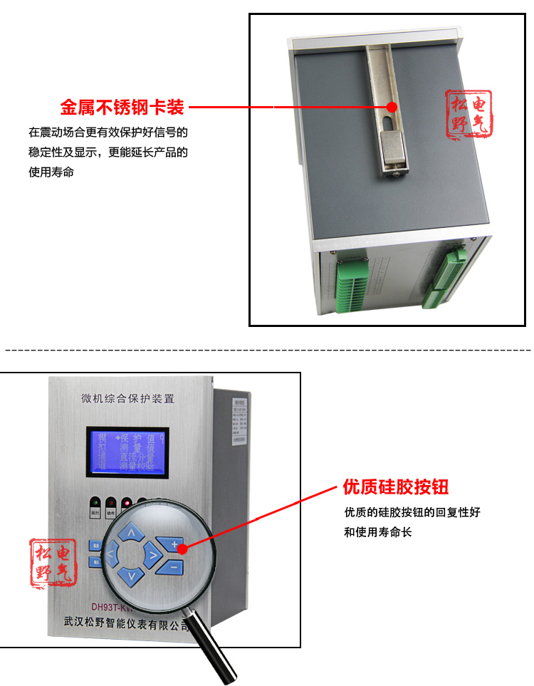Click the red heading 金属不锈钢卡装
pyautogui.click(x=122, y=108)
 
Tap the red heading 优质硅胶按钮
pyautogui.click(x=396, y=487)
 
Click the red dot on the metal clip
pyautogui.click(x=391, y=107)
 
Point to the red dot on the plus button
pyautogui.click(x=182, y=548)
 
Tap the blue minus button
pyautogui.click(x=172, y=567)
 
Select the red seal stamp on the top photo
pyautogui.click(x=469, y=114)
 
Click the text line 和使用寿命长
pyautogui.click(x=378, y=532)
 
